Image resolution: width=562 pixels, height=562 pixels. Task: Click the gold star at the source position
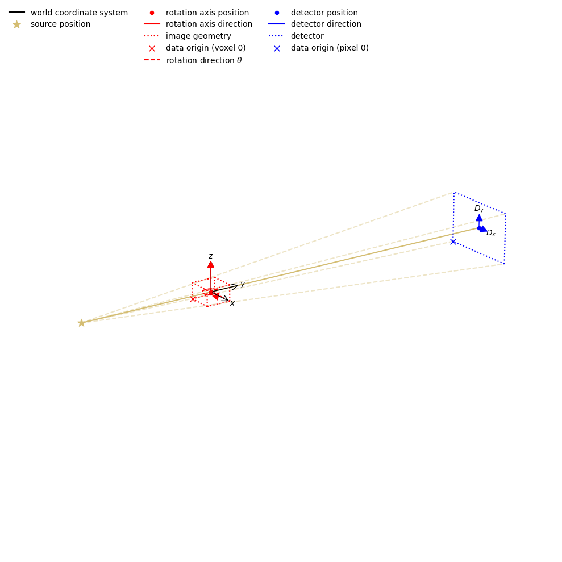(x=81, y=323)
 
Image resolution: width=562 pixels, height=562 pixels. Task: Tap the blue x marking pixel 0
(x=453, y=242)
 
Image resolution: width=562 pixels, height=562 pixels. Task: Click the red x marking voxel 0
(x=193, y=299)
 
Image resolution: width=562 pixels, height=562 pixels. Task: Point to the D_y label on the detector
(x=479, y=209)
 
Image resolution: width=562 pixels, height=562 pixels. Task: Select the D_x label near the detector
(x=491, y=233)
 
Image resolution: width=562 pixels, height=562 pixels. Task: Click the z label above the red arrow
(x=210, y=256)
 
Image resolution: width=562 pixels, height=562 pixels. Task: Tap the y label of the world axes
(x=242, y=284)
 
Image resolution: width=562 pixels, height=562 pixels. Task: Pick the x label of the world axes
(x=232, y=303)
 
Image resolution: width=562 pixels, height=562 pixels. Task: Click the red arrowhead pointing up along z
(x=211, y=264)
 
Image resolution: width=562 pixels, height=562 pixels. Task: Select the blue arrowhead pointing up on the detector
(x=479, y=218)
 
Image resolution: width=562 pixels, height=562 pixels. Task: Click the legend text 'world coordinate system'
(x=79, y=13)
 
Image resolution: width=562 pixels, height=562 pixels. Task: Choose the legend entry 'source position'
(x=60, y=24)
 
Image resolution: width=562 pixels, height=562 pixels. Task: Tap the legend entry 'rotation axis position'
(x=207, y=13)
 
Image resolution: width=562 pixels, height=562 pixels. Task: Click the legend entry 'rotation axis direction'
(x=209, y=24)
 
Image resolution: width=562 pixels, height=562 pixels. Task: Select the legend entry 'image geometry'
(x=198, y=36)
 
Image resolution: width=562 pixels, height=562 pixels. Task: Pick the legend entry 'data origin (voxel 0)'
(x=206, y=48)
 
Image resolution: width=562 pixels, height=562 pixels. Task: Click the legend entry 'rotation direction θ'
(x=203, y=60)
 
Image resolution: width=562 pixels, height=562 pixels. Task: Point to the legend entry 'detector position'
(x=324, y=13)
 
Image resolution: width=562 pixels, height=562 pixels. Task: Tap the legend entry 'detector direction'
(x=326, y=24)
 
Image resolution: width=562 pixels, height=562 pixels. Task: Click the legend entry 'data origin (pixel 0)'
(x=330, y=48)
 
